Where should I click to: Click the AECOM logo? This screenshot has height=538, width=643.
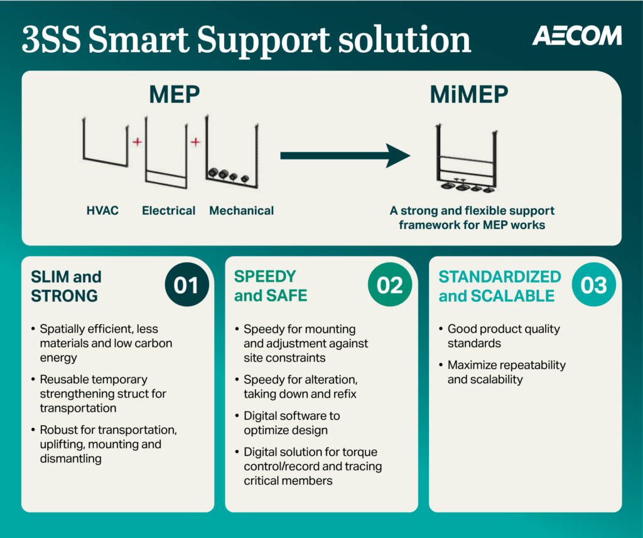pyautogui.click(x=576, y=36)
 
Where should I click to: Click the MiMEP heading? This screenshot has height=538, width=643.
pyautogui.click(x=469, y=95)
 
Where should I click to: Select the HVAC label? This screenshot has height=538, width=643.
pyautogui.click(x=102, y=211)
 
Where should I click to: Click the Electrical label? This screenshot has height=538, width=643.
pyautogui.click(x=168, y=211)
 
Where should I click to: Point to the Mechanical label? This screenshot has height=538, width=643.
pyautogui.click(x=241, y=211)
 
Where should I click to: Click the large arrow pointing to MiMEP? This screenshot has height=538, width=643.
pyautogui.click(x=345, y=155)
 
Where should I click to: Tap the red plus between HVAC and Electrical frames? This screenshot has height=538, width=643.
pyautogui.click(x=137, y=143)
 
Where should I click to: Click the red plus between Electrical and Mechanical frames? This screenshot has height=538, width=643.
pyautogui.click(x=195, y=143)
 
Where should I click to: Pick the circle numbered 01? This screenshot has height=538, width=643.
pyautogui.click(x=186, y=286)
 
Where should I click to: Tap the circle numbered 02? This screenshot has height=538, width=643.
pyautogui.click(x=389, y=286)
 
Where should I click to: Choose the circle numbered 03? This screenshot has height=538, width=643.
pyautogui.click(x=593, y=286)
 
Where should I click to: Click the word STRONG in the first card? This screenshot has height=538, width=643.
pyautogui.click(x=65, y=295)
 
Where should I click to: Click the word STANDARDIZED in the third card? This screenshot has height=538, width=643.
pyautogui.click(x=499, y=277)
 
